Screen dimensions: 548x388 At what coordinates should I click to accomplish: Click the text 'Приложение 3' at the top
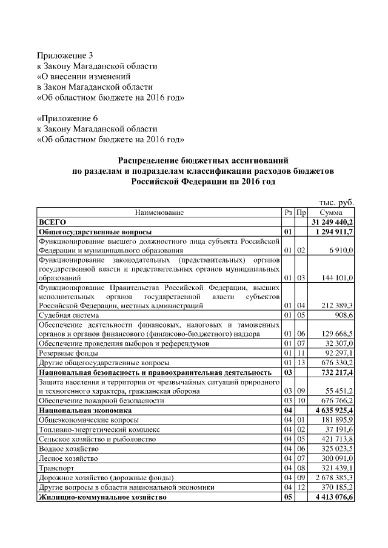tap(65, 56)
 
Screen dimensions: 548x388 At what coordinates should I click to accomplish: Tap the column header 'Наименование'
tap(159, 213)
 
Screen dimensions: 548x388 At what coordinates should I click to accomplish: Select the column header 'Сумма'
tap(332, 213)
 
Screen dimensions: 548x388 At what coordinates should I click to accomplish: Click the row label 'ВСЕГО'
tap(52, 222)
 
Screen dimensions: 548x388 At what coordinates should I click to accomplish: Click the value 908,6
tap(343, 315)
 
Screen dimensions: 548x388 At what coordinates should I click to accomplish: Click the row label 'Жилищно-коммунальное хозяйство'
tap(102, 497)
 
